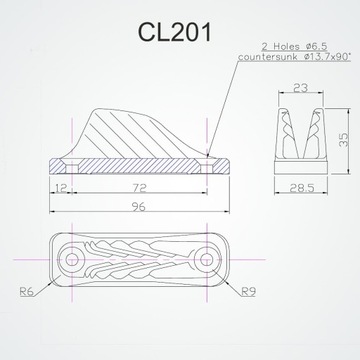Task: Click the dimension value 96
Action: [130, 208]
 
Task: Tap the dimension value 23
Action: [301, 89]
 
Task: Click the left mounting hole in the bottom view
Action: [72, 261]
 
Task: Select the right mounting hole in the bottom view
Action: [206, 261]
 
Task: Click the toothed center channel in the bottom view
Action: [139, 261]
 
